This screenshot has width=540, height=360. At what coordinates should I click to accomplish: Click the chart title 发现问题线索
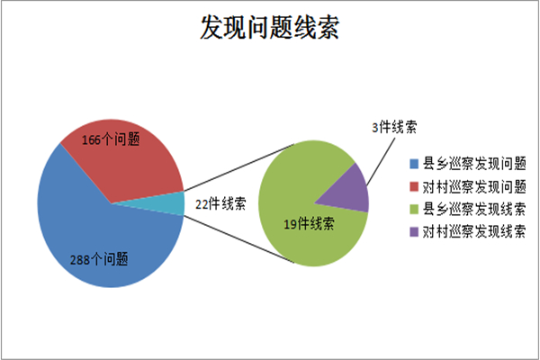point(270,27)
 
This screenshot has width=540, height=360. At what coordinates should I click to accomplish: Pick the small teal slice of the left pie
point(169,203)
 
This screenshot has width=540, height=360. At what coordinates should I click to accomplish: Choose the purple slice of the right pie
point(351,193)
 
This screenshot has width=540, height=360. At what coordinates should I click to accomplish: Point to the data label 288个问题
point(99,259)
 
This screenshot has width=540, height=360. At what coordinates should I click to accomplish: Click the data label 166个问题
point(111,139)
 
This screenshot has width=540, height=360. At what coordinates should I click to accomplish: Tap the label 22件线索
point(220,203)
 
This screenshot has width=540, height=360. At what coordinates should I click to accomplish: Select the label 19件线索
point(309,224)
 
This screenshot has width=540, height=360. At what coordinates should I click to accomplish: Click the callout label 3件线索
point(394,127)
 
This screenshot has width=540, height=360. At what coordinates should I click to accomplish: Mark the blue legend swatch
point(414,164)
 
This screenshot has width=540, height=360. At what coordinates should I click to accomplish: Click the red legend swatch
point(414,186)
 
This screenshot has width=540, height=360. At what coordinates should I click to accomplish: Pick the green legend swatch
point(414,209)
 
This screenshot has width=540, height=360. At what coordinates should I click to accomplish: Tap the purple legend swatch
point(414,232)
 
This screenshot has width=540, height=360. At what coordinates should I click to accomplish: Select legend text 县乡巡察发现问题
point(474,164)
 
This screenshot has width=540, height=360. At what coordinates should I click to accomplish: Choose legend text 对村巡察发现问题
point(474,186)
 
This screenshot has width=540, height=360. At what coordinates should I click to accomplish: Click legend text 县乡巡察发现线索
point(474,209)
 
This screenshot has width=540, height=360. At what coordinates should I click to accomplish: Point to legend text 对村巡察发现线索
point(474,232)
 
